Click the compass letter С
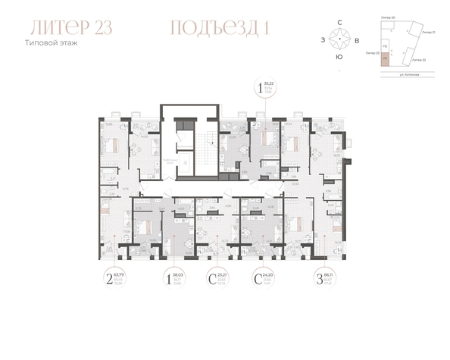click(x=339, y=23)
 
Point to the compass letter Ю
click(x=339, y=57)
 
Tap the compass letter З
click(x=323, y=39)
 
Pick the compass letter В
click(x=357, y=39)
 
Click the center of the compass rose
click(x=339, y=39)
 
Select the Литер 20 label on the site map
click(x=389, y=17)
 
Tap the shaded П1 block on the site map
click(x=385, y=58)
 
